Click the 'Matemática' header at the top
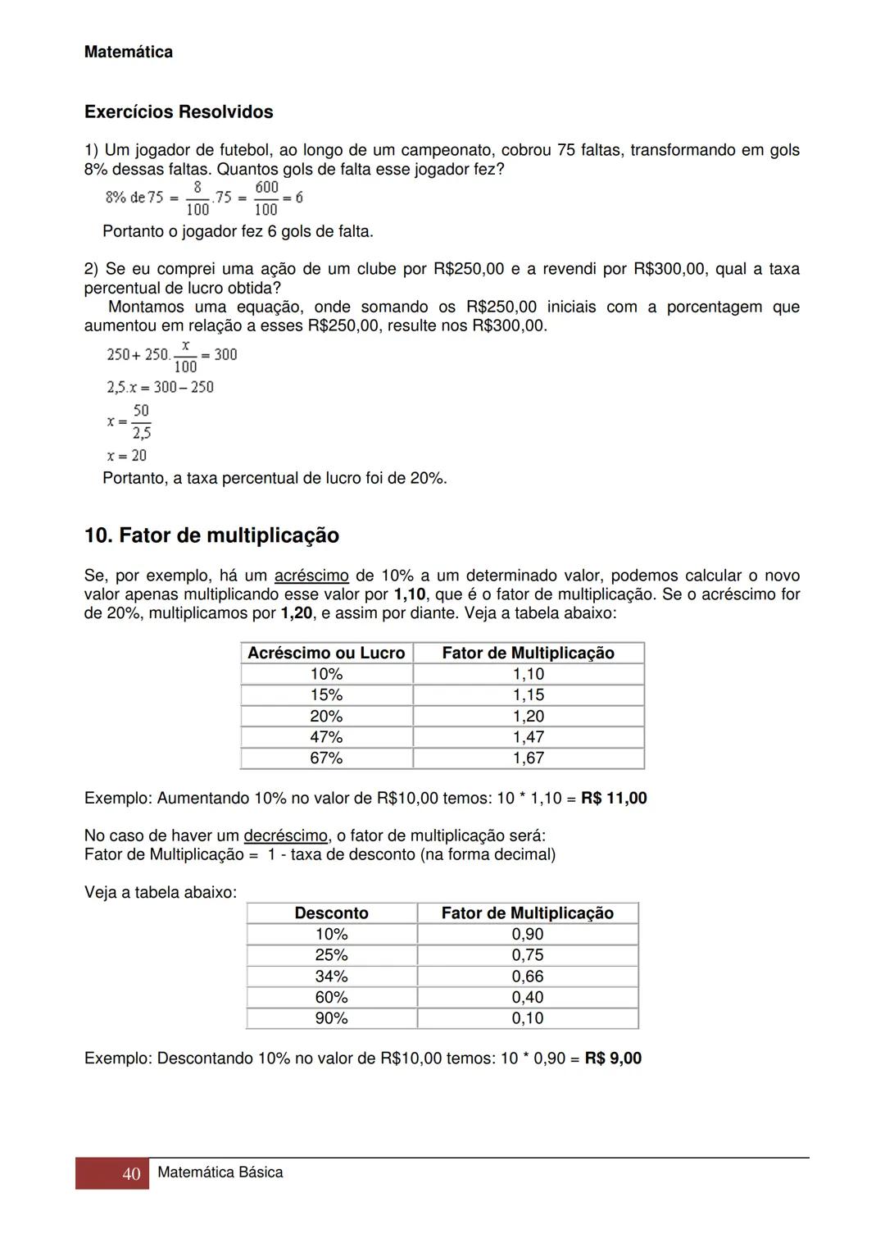click(x=129, y=52)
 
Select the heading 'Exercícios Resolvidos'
click(x=179, y=112)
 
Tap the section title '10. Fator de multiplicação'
click(x=211, y=535)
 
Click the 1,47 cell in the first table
click(x=529, y=737)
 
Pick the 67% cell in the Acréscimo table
click(x=326, y=758)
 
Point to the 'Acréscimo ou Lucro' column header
click(x=326, y=653)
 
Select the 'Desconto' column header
click(x=331, y=913)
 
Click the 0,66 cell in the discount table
click(x=528, y=977)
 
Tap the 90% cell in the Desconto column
click(x=331, y=1018)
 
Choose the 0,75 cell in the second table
click(x=528, y=955)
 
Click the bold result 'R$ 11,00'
click(x=614, y=799)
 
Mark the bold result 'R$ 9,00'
click(x=613, y=1059)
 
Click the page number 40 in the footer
click(x=131, y=1174)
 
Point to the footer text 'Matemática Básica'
click(x=220, y=1172)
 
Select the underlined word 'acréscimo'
click(x=311, y=576)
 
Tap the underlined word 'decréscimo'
click(x=285, y=836)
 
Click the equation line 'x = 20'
click(x=127, y=455)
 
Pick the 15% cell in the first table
click(x=326, y=695)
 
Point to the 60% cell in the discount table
click(x=331, y=998)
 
